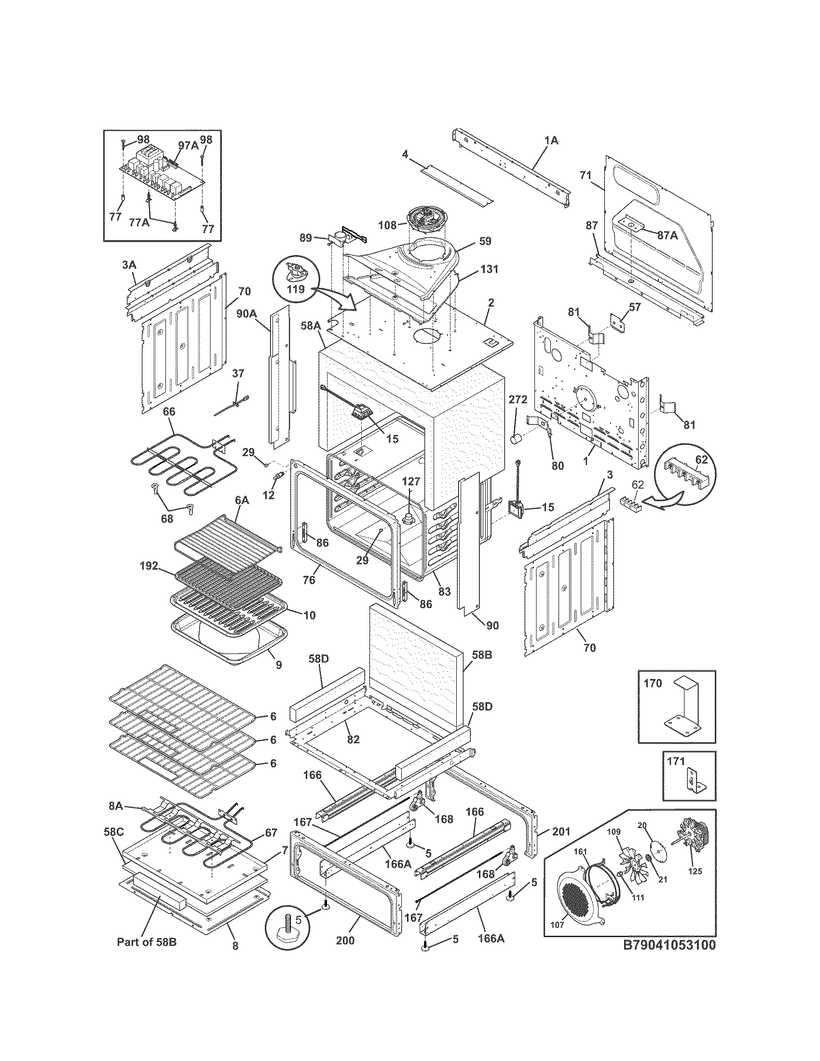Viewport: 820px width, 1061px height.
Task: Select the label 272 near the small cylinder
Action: pos(518,400)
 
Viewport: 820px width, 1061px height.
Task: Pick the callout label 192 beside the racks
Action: pos(148,566)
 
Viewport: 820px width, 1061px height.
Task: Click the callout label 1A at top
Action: pos(551,141)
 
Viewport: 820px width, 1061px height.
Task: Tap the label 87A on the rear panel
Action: pos(667,235)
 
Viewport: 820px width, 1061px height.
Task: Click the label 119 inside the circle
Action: pos(295,289)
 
